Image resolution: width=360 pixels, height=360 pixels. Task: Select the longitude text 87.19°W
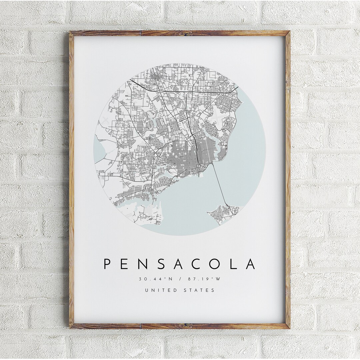click(x=204, y=279)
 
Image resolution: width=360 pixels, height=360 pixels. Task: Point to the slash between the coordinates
click(x=180, y=279)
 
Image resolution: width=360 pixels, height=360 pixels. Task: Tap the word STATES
click(x=199, y=290)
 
